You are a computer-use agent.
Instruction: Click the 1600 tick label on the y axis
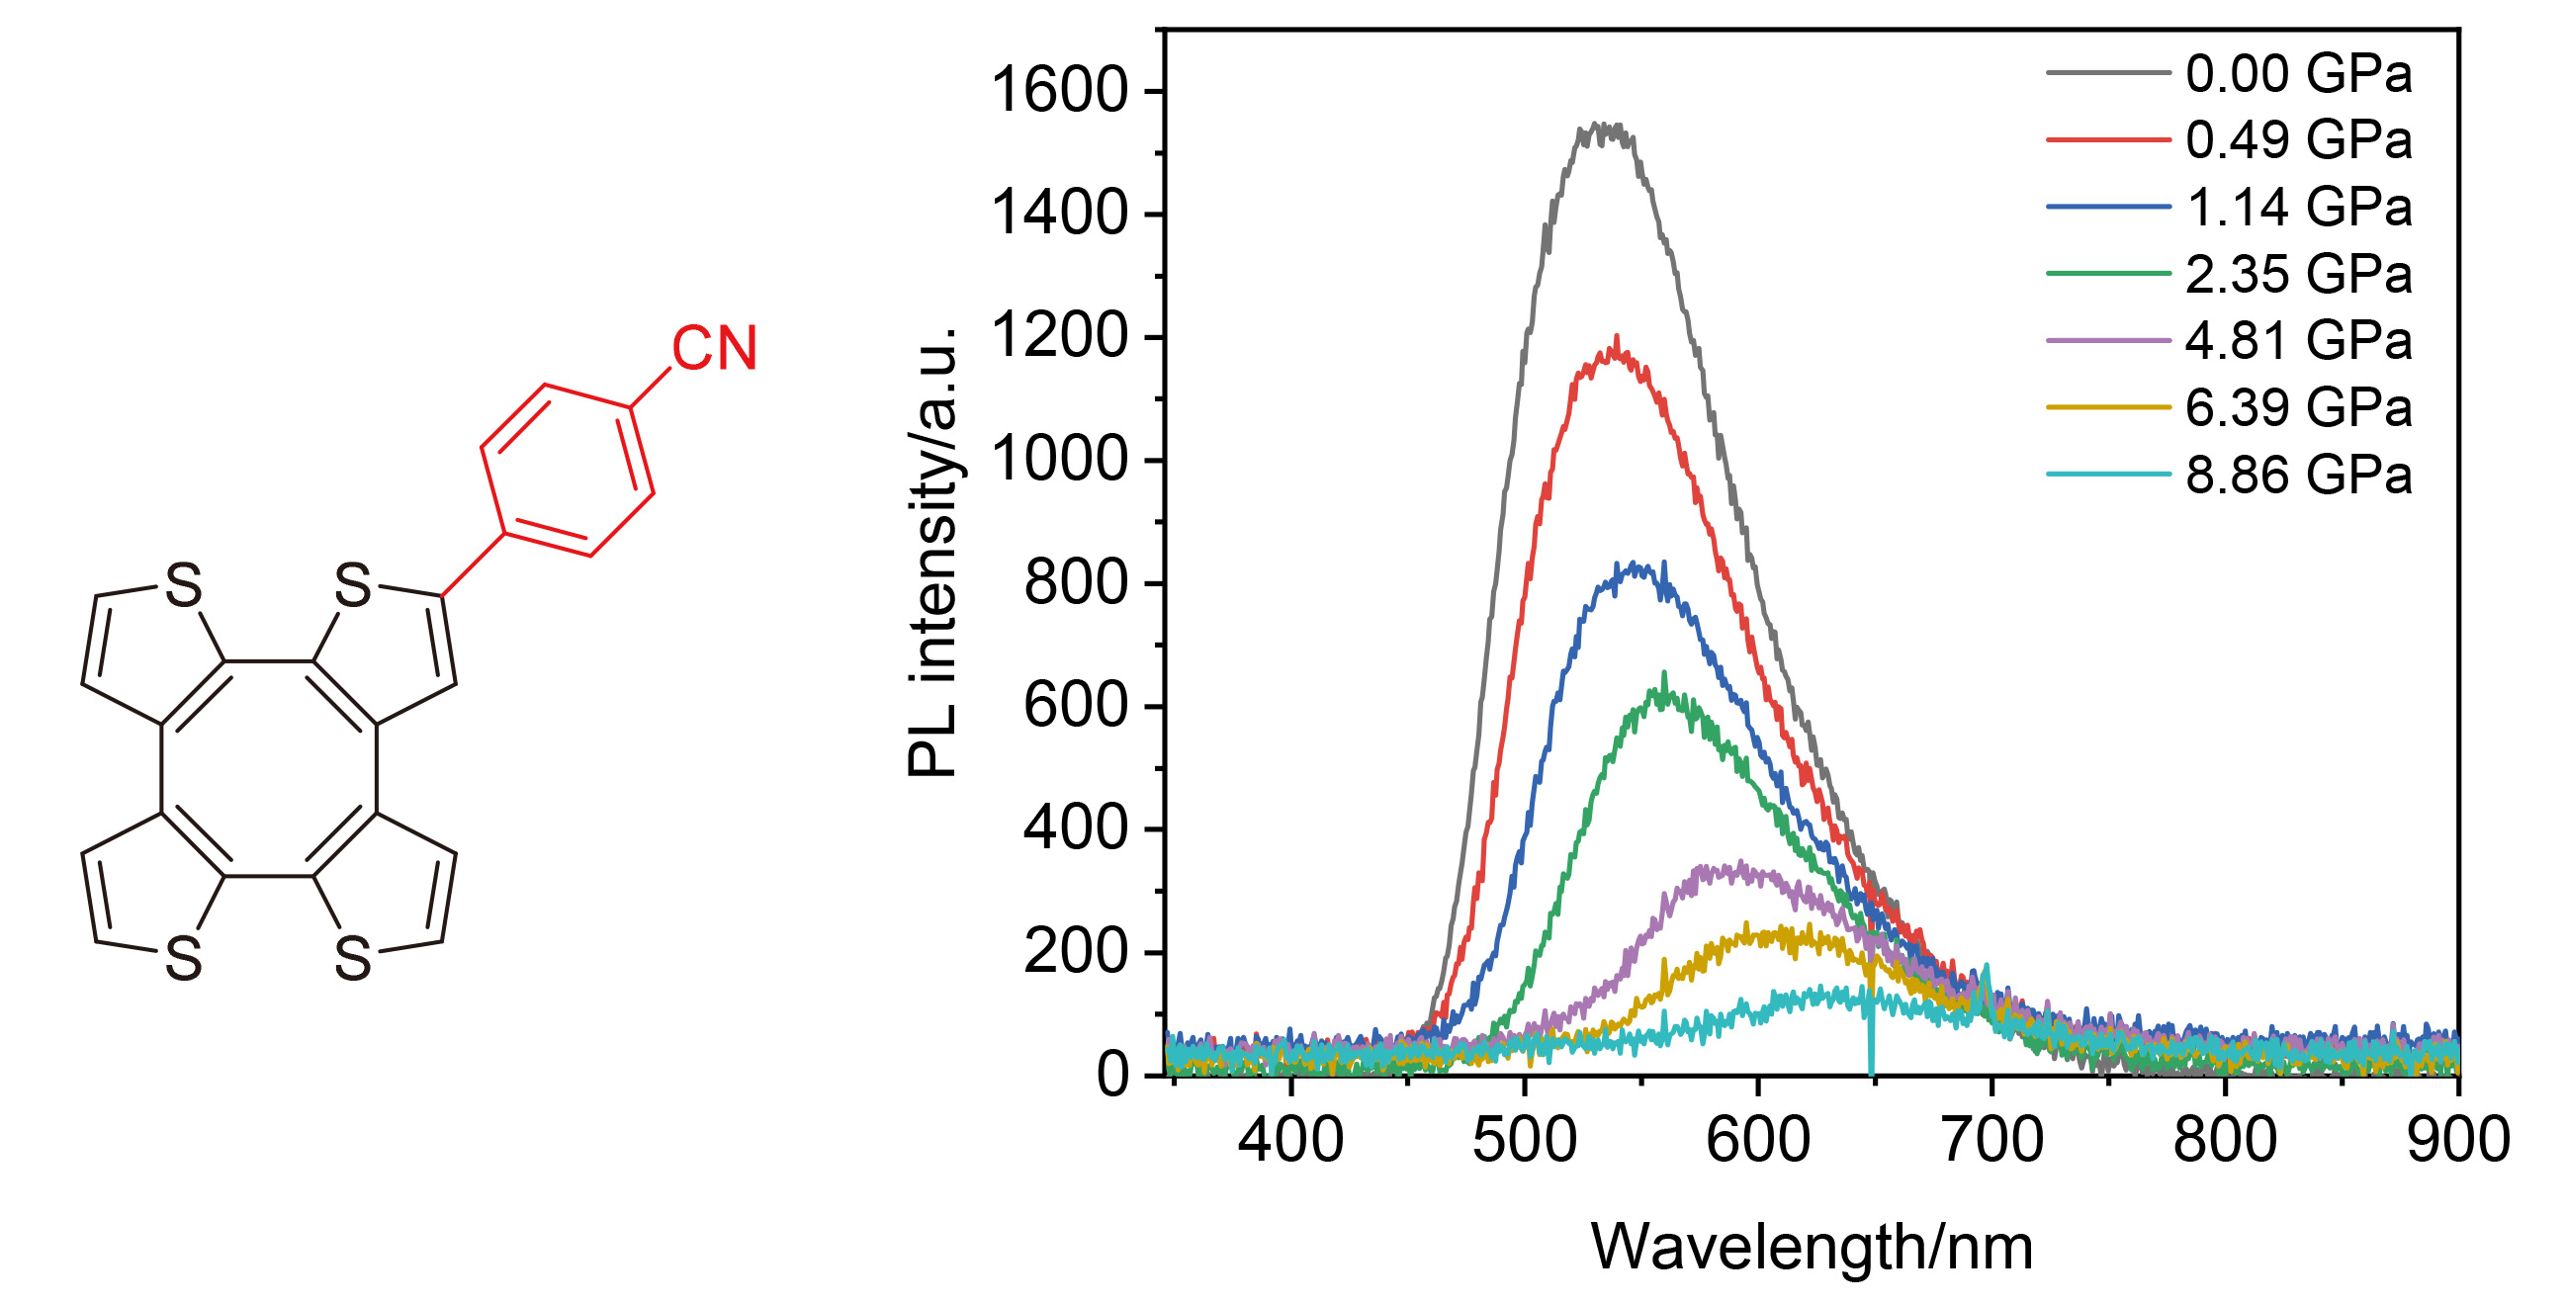(1059, 92)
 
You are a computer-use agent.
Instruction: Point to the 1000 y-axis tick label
(1059, 461)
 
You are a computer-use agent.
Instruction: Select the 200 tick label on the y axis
(1076, 952)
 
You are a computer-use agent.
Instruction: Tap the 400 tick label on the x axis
(1291, 1140)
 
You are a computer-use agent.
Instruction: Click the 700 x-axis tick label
(1991, 1140)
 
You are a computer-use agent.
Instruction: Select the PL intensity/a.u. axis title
(933, 552)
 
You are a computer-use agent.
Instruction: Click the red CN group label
(714, 349)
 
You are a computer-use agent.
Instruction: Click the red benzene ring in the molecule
(568, 471)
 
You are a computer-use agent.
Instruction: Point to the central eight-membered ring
(269, 768)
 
